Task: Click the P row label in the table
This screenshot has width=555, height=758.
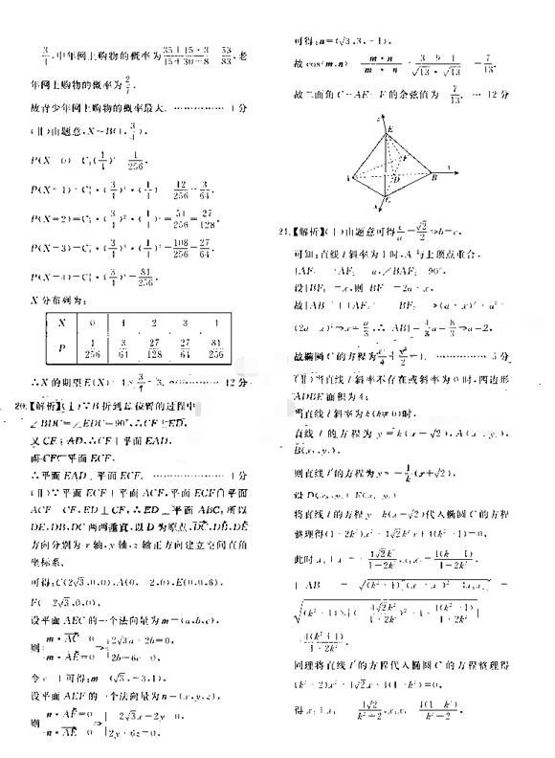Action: (61, 351)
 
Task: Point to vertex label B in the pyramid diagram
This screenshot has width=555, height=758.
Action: (433, 176)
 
